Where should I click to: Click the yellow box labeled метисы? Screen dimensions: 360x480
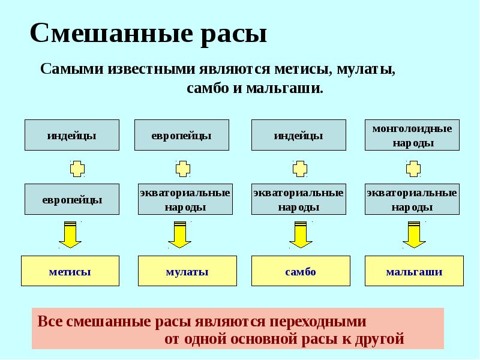[x=70, y=271]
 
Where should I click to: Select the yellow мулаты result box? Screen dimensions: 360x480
[x=187, y=271]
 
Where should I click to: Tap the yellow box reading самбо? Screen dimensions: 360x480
[x=300, y=271]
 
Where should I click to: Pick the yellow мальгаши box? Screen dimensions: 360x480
[x=414, y=271]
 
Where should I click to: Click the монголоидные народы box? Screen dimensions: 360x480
[x=412, y=135]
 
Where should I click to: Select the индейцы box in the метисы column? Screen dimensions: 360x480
[x=72, y=135]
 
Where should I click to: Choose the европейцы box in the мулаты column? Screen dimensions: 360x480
[x=181, y=135]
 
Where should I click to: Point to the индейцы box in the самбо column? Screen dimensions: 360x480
[x=298, y=135]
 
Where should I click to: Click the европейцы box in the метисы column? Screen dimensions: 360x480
[x=72, y=199]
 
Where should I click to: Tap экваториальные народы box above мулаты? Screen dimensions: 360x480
[x=185, y=199]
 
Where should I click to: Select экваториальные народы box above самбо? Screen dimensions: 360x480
[x=298, y=199]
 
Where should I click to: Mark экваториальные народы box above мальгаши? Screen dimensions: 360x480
[x=412, y=199]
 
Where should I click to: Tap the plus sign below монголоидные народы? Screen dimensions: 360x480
[x=413, y=168]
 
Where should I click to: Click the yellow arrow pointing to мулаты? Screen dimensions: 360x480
[x=179, y=235]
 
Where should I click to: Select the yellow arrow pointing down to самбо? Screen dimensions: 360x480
[x=301, y=235]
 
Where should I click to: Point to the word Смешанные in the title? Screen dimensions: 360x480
[x=110, y=34]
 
